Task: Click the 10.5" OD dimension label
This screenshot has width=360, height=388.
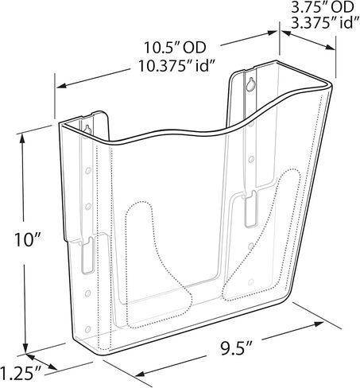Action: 175,48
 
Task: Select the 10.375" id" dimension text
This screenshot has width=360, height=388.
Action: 176,66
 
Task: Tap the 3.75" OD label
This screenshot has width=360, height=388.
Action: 323,7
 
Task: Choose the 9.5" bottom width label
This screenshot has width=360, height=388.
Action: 237,348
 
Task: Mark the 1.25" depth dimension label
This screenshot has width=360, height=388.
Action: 21,373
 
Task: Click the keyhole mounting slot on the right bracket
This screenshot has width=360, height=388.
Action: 250,85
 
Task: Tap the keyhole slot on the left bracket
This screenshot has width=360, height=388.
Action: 87,130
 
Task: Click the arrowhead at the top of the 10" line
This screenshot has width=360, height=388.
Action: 22,138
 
